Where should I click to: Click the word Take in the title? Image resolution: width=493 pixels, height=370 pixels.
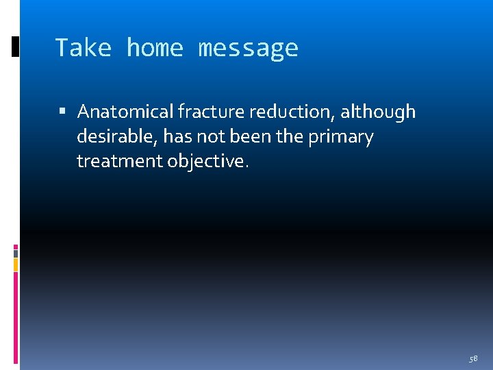(x=83, y=48)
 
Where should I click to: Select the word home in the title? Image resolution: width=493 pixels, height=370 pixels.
(x=155, y=48)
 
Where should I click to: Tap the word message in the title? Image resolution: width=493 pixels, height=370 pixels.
(x=248, y=48)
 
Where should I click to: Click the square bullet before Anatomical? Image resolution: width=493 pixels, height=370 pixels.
(x=63, y=112)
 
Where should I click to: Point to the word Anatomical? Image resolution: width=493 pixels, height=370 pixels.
(x=125, y=112)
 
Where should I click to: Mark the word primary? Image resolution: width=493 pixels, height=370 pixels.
(x=341, y=137)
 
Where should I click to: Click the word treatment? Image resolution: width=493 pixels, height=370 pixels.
(x=120, y=162)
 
